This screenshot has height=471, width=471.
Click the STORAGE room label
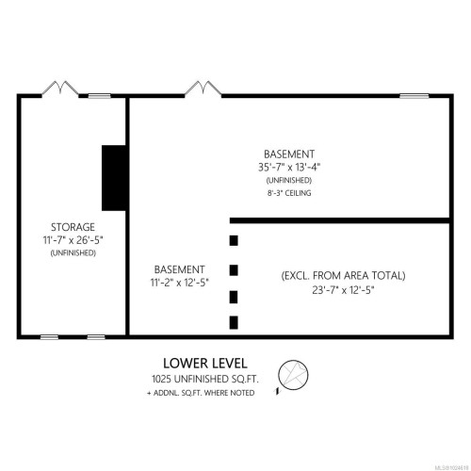tap(73, 227)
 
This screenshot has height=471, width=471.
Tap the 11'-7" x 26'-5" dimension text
tap(73, 240)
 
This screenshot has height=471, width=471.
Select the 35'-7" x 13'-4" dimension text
tap(289, 167)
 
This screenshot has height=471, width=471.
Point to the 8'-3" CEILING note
tap(288, 192)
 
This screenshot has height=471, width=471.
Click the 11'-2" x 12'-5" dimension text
tap(179, 281)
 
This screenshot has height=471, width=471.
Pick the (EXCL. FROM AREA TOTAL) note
tap(343, 275)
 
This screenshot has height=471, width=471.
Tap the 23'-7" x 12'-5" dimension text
tap(343, 289)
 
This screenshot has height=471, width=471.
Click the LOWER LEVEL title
tap(205, 363)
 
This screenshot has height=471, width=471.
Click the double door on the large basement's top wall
tap(202, 89)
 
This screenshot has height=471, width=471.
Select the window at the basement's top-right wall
tap(414, 94)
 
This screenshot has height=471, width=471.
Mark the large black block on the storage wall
tap(114, 177)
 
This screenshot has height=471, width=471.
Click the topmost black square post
tap(234, 240)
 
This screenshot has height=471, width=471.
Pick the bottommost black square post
tap(234, 323)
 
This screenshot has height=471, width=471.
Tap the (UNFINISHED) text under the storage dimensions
tap(73, 252)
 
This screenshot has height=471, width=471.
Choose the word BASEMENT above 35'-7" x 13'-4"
tap(289, 154)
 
